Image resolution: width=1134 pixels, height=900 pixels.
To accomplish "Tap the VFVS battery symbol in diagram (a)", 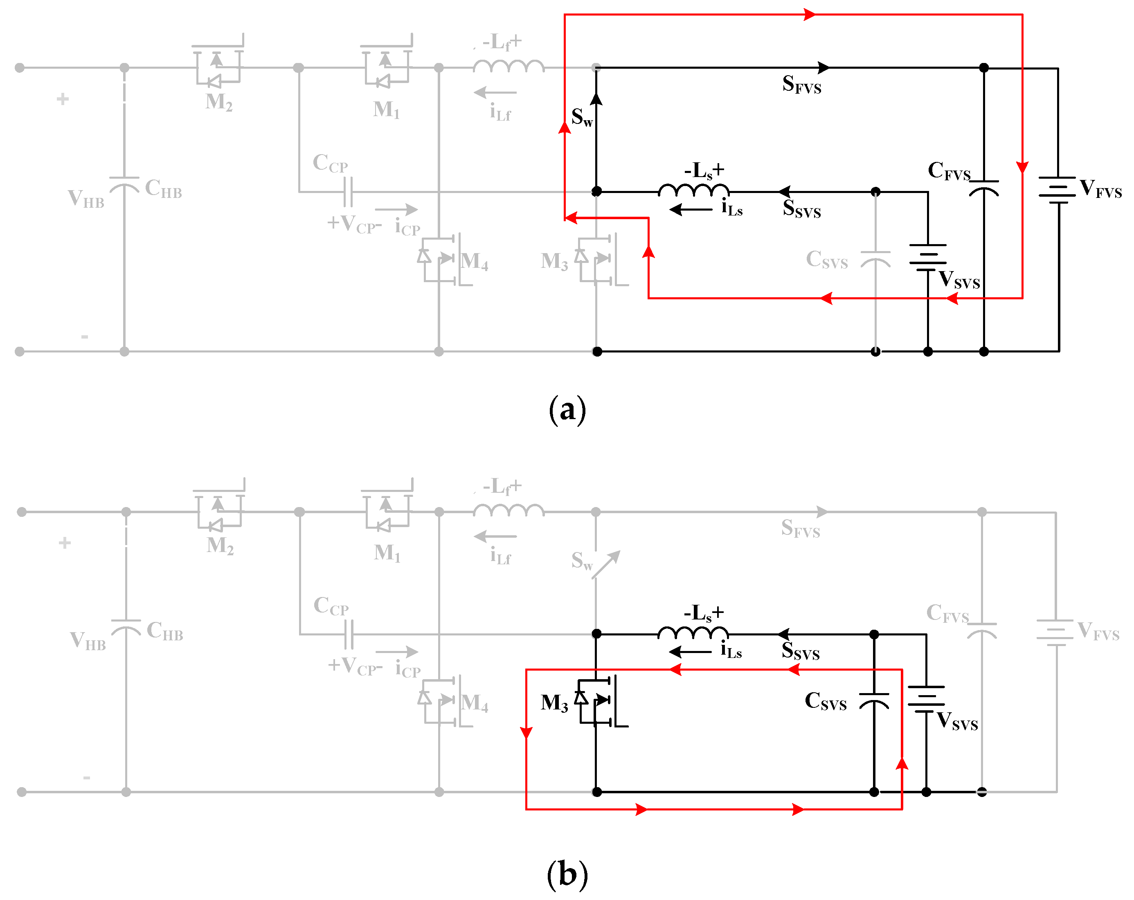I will pos(1057,190).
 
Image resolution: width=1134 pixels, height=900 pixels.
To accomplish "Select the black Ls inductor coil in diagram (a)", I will pos(693,190).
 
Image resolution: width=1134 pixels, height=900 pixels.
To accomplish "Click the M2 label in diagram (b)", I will pos(220,545).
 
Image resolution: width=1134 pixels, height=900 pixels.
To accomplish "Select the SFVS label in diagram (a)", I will pos(801,84).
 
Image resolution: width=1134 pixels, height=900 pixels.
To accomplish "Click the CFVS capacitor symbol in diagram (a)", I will pos(983,188).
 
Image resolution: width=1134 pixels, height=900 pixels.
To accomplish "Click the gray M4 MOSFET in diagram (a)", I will pos(441,259).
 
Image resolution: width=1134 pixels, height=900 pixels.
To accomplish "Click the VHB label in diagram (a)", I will pos(86,199).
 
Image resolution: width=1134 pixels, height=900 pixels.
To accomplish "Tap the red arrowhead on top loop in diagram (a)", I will pos(810,15).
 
